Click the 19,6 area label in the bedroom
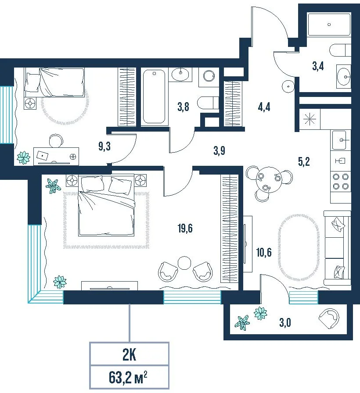185,229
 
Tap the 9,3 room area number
104,146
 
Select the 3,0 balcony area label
285,322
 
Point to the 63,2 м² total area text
128,378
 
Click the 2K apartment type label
129,355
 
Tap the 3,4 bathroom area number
318,66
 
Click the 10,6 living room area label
264,252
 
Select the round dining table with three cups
268,180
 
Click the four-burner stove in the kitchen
340,182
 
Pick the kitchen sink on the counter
340,140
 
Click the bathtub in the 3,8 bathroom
154,96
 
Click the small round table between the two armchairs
184,263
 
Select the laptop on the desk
42,156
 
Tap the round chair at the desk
56,141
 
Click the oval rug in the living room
299,247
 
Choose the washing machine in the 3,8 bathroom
209,77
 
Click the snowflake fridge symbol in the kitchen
310,118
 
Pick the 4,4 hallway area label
264,107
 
